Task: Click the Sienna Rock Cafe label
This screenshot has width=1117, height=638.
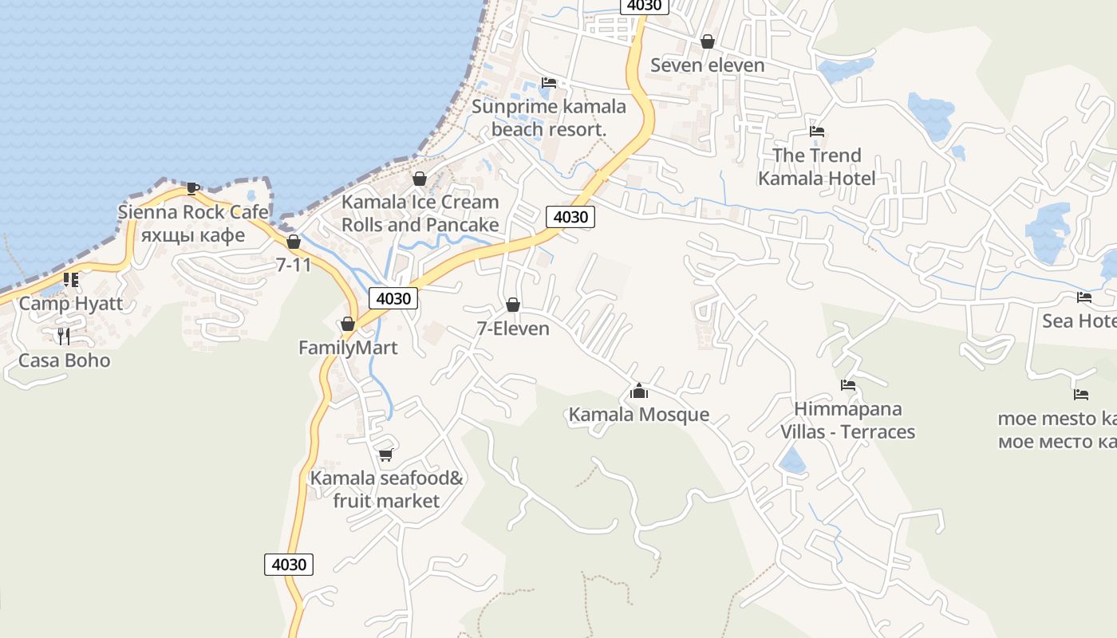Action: pos(192,212)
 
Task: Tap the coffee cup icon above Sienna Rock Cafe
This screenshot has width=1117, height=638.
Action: pos(192,188)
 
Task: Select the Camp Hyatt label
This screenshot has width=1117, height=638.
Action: pos(71,303)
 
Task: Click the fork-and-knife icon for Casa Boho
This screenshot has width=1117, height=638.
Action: pos(64,336)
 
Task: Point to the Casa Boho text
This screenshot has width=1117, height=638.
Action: pos(64,360)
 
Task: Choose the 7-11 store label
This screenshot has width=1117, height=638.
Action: pos(294,265)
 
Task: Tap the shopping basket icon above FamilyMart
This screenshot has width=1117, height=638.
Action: pos(348,324)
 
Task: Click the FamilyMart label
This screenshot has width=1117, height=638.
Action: pos(348,348)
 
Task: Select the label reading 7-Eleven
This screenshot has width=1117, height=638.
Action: pos(513,329)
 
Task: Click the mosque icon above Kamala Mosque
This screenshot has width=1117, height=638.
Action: pos(638,391)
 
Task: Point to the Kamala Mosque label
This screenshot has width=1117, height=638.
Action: pos(638,415)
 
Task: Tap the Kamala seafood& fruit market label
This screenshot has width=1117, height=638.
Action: pos(386,490)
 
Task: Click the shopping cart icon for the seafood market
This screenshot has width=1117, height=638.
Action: pos(386,455)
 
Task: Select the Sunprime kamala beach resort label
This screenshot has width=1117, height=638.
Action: pos(549,118)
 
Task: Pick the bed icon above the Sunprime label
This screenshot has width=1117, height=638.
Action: pos(549,83)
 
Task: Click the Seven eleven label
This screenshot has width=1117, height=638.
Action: pos(708,65)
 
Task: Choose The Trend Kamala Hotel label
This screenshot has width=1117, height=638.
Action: pos(817,167)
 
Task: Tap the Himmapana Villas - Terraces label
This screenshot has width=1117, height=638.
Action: pos(847,420)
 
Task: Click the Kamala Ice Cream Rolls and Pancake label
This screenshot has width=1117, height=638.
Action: pos(420,214)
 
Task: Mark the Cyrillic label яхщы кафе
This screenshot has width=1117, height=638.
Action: pos(192,235)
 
